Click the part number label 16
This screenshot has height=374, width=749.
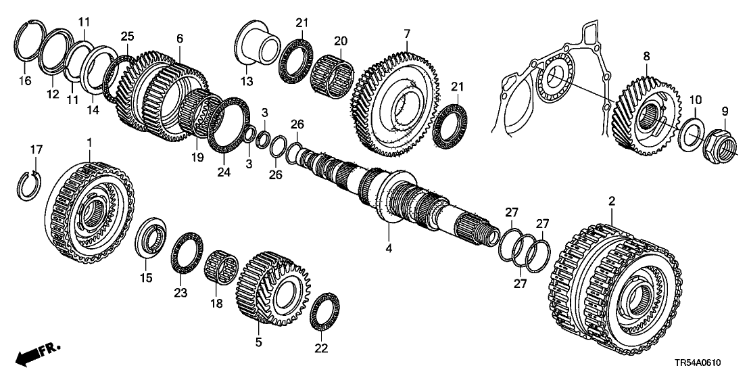26,80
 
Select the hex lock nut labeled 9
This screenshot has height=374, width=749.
723,141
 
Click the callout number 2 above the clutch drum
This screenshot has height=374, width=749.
611,202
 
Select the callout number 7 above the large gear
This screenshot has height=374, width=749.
407,33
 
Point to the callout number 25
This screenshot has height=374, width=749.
128,35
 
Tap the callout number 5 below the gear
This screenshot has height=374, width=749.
258,343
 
